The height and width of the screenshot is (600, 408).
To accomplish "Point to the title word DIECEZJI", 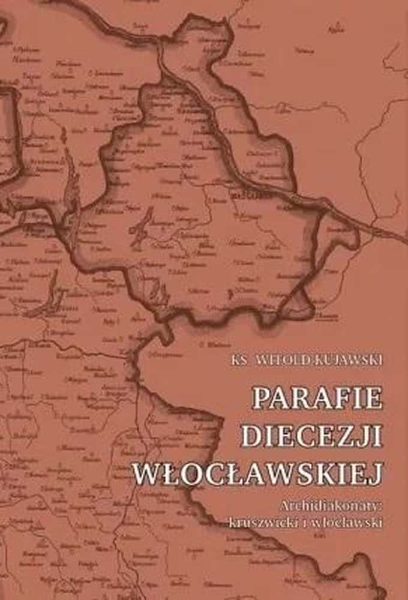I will [311, 436].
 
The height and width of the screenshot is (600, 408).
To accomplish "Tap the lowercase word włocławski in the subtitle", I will [349, 521].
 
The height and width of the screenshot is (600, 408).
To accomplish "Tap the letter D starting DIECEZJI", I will [251, 436].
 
